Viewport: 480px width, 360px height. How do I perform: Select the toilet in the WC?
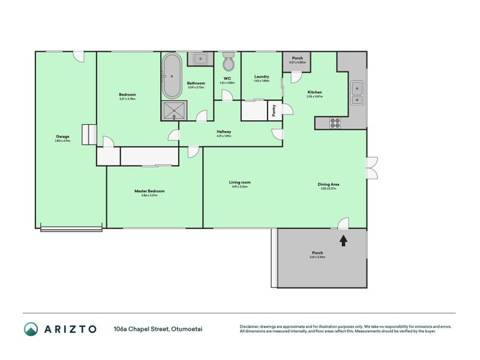point(228,62)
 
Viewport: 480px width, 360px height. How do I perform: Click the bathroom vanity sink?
point(199,59)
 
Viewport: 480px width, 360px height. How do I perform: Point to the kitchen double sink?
point(358,92)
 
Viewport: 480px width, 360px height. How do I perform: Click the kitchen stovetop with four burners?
point(335,122)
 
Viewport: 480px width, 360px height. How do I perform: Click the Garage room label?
point(62,137)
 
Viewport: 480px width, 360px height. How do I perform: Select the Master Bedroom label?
point(149,191)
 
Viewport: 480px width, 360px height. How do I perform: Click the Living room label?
point(239,182)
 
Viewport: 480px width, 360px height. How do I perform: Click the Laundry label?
point(261,77)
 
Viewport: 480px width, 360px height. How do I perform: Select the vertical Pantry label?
point(274,111)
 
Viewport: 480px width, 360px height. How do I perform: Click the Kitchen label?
point(314,92)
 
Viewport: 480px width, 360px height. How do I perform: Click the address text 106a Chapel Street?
point(141,329)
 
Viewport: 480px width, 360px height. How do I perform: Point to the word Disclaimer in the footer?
point(251,327)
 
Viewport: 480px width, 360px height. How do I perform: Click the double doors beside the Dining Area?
point(371,168)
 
